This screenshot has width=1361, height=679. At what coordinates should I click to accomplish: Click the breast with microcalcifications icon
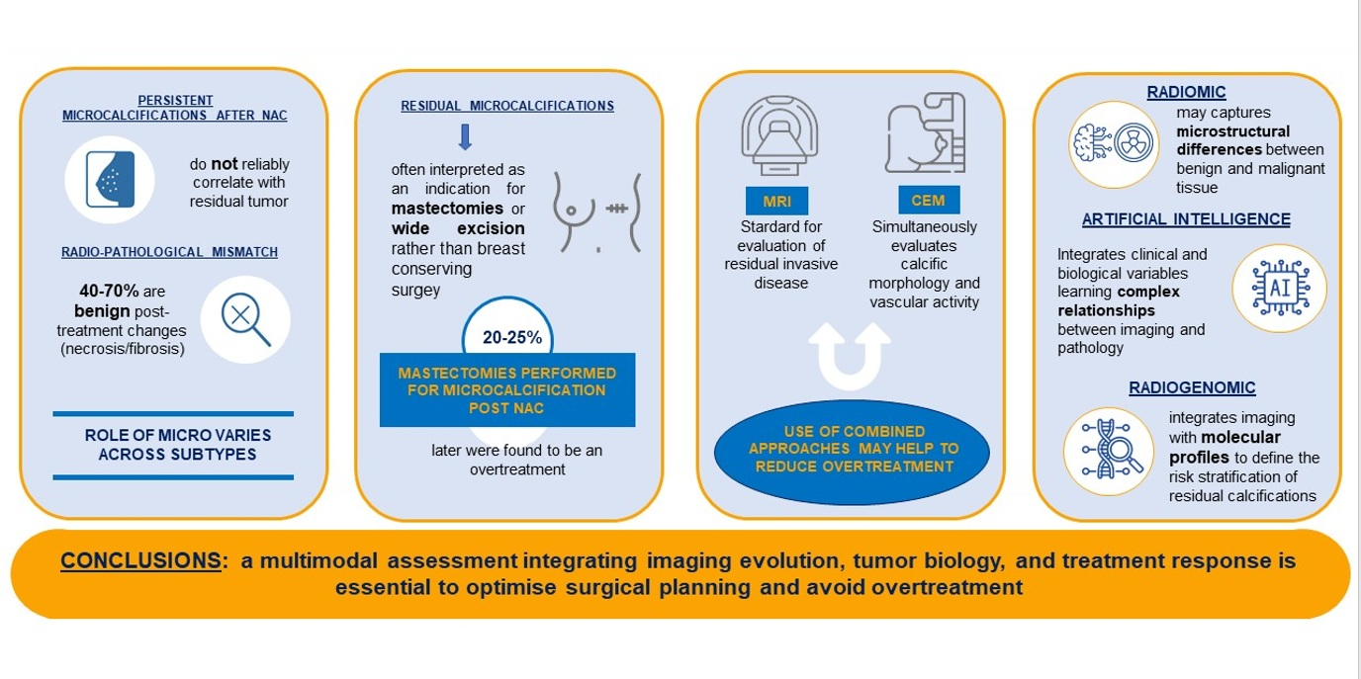coord(110,179)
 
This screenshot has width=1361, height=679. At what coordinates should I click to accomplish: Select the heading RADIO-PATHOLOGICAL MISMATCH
coord(170,252)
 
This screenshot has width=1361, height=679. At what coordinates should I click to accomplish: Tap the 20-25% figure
coord(511,337)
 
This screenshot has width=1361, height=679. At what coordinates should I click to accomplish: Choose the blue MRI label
coord(776,201)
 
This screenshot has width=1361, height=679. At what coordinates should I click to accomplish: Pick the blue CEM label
coord(928,200)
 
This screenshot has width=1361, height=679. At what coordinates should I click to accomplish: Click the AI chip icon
coord(1278,289)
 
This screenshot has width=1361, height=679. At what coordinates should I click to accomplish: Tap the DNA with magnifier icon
coord(1110,451)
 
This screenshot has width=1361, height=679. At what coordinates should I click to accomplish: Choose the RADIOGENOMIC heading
coord(1192,388)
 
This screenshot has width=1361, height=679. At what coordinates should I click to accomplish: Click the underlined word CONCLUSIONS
coord(140,561)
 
